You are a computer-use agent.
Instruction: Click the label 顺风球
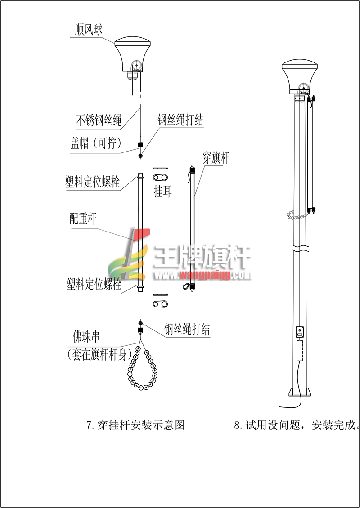89,30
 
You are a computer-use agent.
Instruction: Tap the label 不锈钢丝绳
99,120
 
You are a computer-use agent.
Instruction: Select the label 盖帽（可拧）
96,143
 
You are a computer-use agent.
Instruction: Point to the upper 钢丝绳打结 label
180,120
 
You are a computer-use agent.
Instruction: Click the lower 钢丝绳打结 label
187,330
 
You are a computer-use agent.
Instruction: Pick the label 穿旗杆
216,158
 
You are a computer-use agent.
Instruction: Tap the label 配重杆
83,218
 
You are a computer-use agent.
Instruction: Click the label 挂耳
163,192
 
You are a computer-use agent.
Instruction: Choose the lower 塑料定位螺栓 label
94,284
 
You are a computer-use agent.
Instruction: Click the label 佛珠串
86,337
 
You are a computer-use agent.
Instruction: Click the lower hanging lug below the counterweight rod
160,304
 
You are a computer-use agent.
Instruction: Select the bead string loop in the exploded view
141,368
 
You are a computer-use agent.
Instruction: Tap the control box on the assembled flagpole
300,332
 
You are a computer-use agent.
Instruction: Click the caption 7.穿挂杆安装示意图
135,425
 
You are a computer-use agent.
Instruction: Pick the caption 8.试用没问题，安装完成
297,425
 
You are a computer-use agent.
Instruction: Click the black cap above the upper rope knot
140,144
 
